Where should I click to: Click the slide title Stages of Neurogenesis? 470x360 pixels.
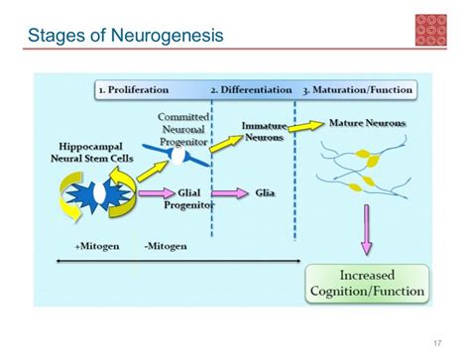125,37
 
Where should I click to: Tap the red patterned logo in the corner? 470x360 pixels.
432,29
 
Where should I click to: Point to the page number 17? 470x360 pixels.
436,343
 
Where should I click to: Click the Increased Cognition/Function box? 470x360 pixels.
366,283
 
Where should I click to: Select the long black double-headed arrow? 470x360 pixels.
177,260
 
